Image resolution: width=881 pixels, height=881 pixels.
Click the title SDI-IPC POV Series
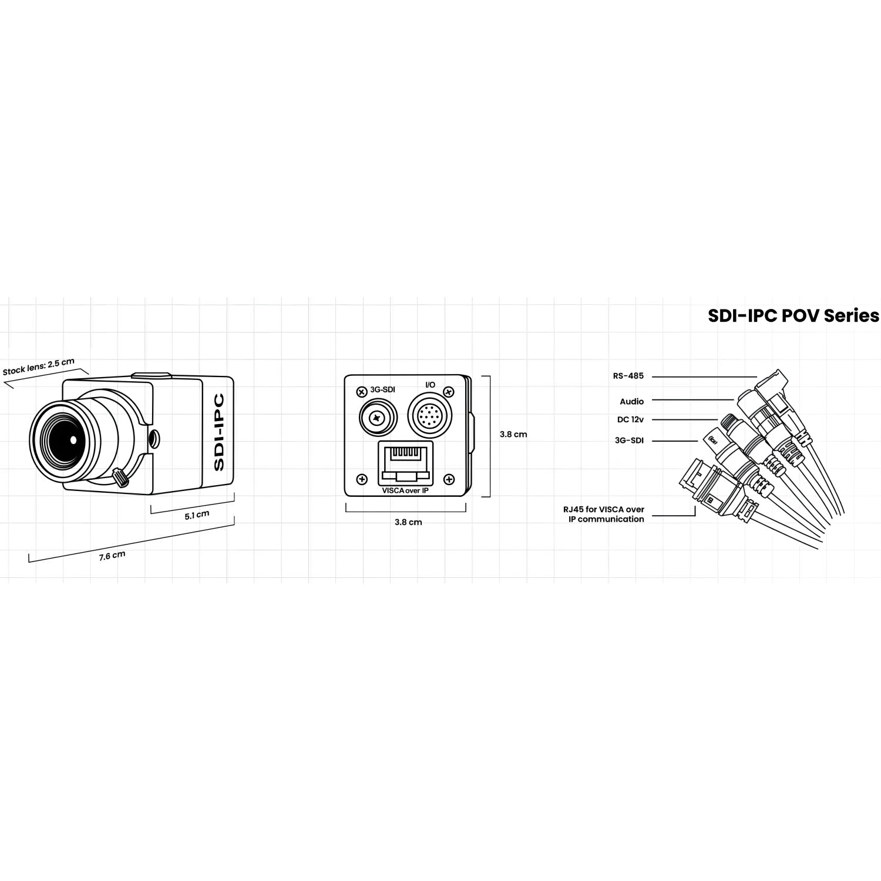[793, 315]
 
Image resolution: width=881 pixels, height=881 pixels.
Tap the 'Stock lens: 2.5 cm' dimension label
[39, 366]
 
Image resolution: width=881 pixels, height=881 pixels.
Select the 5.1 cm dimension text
[197, 515]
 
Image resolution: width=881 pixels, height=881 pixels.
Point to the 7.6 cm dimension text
[112, 556]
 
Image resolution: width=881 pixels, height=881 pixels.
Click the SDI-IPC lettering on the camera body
[218, 432]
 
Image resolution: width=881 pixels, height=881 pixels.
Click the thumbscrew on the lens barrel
[121, 477]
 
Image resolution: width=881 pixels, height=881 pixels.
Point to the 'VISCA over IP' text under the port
[405, 490]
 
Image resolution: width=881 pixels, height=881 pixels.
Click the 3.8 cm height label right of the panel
[513, 435]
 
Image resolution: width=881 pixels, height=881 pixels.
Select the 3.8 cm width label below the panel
[408, 522]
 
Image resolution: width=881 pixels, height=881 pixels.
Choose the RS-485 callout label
[628, 376]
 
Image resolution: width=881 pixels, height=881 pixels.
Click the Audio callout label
[631, 402]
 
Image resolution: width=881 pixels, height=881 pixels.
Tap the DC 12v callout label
[631, 420]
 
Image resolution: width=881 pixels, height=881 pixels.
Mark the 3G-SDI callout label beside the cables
[629, 441]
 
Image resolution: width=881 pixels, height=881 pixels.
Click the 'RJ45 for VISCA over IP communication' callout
[603, 514]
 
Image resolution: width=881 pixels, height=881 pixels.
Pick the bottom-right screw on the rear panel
[449, 479]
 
